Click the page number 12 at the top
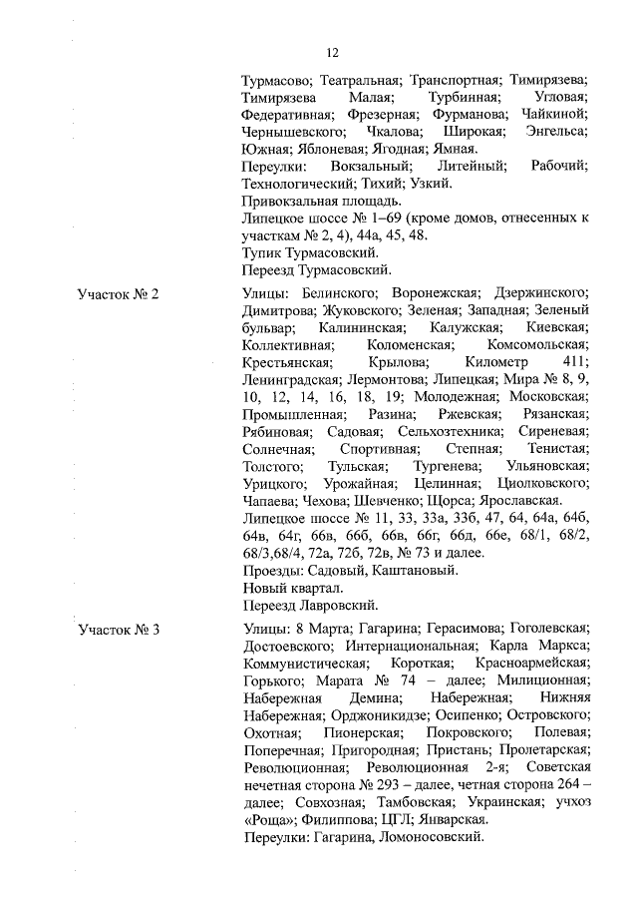point(333,53)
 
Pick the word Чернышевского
point(294,132)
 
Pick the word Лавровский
point(350,604)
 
